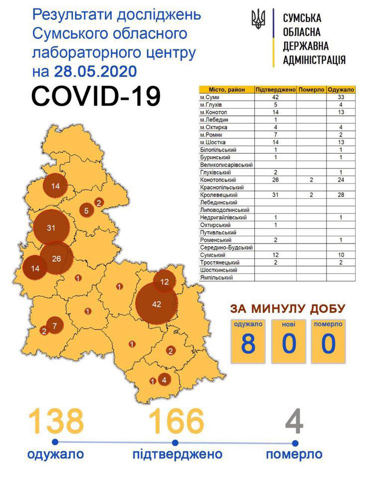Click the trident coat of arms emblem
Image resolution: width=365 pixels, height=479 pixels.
pyautogui.click(x=259, y=20)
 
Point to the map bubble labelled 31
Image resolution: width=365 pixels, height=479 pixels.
pyautogui.click(x=50, y=228)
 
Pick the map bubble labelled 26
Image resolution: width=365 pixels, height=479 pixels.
pyautogui.click(x=56, y=258)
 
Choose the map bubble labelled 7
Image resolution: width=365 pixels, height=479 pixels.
pyautogui.click(x=55, y=326)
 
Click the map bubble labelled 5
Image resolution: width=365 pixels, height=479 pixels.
pyautogui.click(x=86, y=211)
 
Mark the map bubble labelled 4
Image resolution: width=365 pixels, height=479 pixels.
pyautogui.click(x=164, y=380)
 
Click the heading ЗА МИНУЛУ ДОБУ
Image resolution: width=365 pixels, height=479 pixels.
pyautogui.click(x=287, y=308)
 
